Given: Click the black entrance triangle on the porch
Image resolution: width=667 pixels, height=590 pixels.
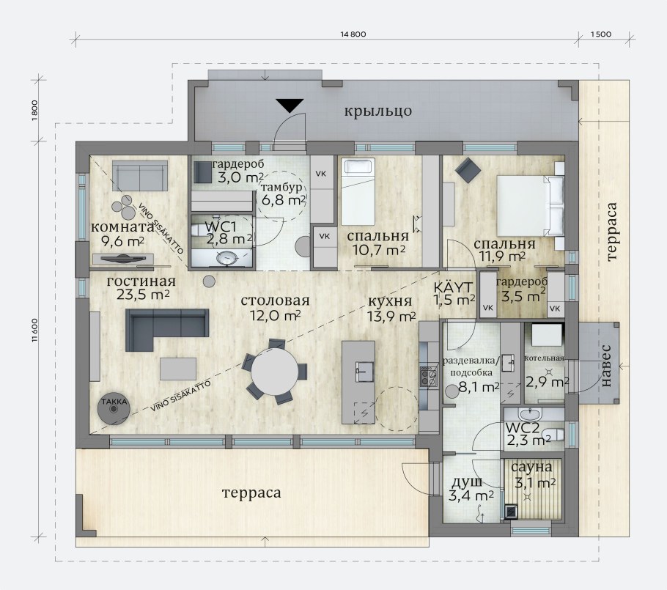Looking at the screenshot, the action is pos(290,105).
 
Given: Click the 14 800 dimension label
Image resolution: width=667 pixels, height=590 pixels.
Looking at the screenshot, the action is pos(353,34).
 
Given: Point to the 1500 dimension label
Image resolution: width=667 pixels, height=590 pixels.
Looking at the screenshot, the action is pos(601,34).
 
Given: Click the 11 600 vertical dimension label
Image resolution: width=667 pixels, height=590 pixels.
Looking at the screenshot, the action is pos(35,330).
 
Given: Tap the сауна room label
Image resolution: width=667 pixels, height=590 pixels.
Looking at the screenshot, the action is pos(531,467).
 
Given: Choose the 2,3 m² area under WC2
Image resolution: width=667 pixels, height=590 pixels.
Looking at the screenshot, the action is pos(526,440).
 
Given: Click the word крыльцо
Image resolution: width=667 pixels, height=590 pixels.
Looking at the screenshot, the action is pos(377,111).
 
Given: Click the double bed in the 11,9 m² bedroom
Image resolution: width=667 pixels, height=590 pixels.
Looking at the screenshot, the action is pos(531,206).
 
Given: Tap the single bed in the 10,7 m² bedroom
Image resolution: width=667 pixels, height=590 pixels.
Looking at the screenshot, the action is pos(358,192).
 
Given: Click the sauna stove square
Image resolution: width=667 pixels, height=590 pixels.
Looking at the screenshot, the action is pos(511,512).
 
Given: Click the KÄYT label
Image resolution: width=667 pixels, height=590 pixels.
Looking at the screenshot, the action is pos(453,287).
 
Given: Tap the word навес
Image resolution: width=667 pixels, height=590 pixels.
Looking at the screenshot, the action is pos(607,366).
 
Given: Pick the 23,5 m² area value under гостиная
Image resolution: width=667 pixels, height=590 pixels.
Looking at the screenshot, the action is pos(144,295).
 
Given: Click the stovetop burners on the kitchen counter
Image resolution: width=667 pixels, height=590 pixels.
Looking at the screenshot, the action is pos(429,376).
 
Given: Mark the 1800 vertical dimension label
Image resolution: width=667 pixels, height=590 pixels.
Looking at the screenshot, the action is pos(35,110).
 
